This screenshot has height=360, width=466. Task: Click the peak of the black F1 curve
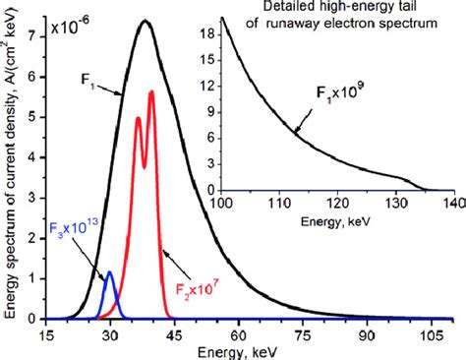(145, 21)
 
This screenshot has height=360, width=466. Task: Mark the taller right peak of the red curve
(151, 91)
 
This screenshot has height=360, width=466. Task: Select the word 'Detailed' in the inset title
(273, 9)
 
